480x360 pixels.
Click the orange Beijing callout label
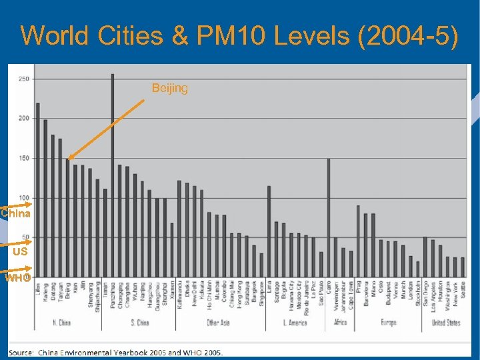click(170, 88)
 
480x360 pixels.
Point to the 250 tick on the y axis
click(23, 79)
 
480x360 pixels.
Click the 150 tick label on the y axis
click(23, 158)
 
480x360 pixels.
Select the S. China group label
click(139, 323)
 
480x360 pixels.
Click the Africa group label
click(340, 323)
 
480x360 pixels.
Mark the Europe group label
click(389, 323)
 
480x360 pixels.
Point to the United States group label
click(445, 323)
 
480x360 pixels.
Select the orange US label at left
click(19, 253)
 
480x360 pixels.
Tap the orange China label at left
click(15, 214)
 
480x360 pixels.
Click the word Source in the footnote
click(21, 352)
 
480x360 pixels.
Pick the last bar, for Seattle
click(463, 267)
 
